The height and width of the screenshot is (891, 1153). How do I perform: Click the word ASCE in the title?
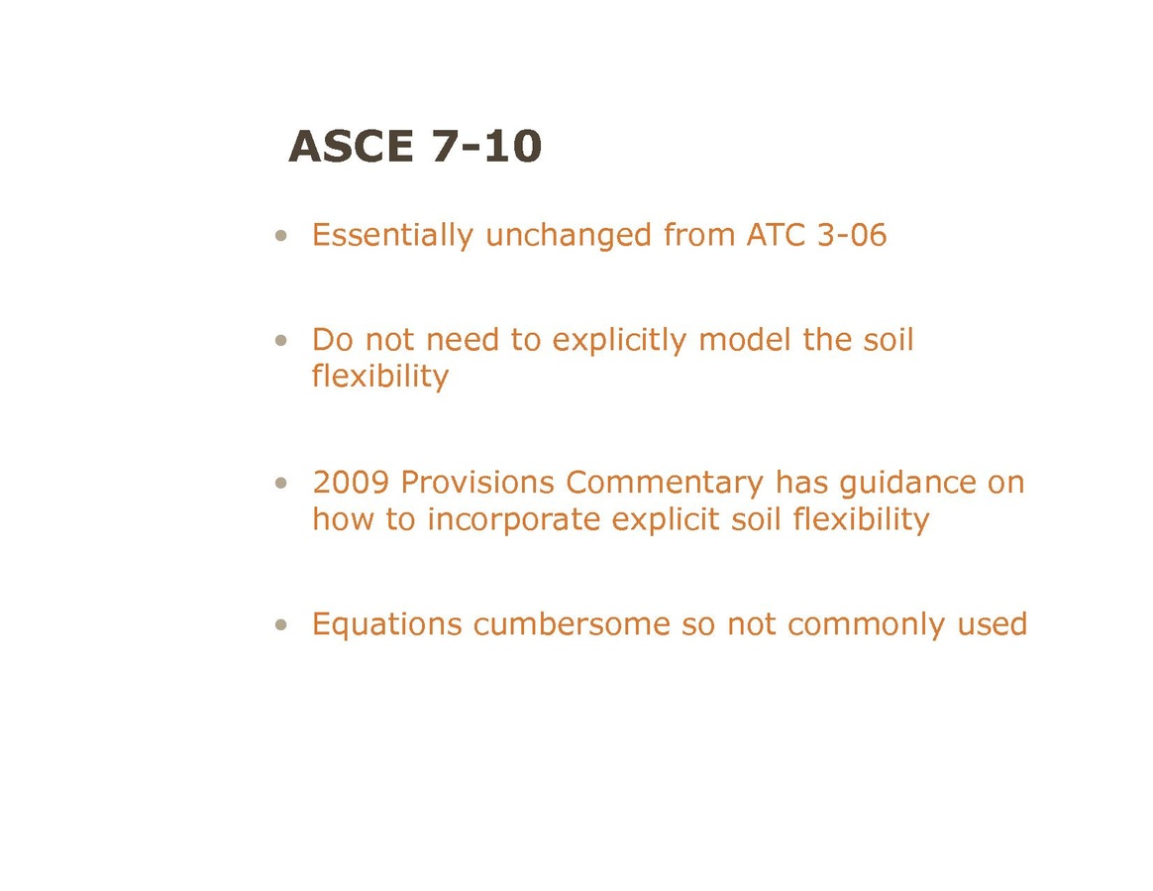point(351,146)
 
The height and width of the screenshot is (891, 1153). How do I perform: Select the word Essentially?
point(392,236)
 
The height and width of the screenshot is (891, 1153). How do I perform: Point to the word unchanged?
point(569,236)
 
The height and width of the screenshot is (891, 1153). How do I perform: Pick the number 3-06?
point(852,235)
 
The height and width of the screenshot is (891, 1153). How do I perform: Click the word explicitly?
point(619,341)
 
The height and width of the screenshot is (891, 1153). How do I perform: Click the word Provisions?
point(478,483)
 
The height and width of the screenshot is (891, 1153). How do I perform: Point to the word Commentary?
point(665,484)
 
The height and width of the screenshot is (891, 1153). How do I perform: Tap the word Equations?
point(386,625)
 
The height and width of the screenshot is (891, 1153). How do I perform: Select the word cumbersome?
point(572,624)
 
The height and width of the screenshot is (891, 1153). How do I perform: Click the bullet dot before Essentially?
point(281,236)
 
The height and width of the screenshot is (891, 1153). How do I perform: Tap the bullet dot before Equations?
point(281,625)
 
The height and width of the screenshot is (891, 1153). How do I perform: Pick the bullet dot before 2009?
point(281,484)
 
